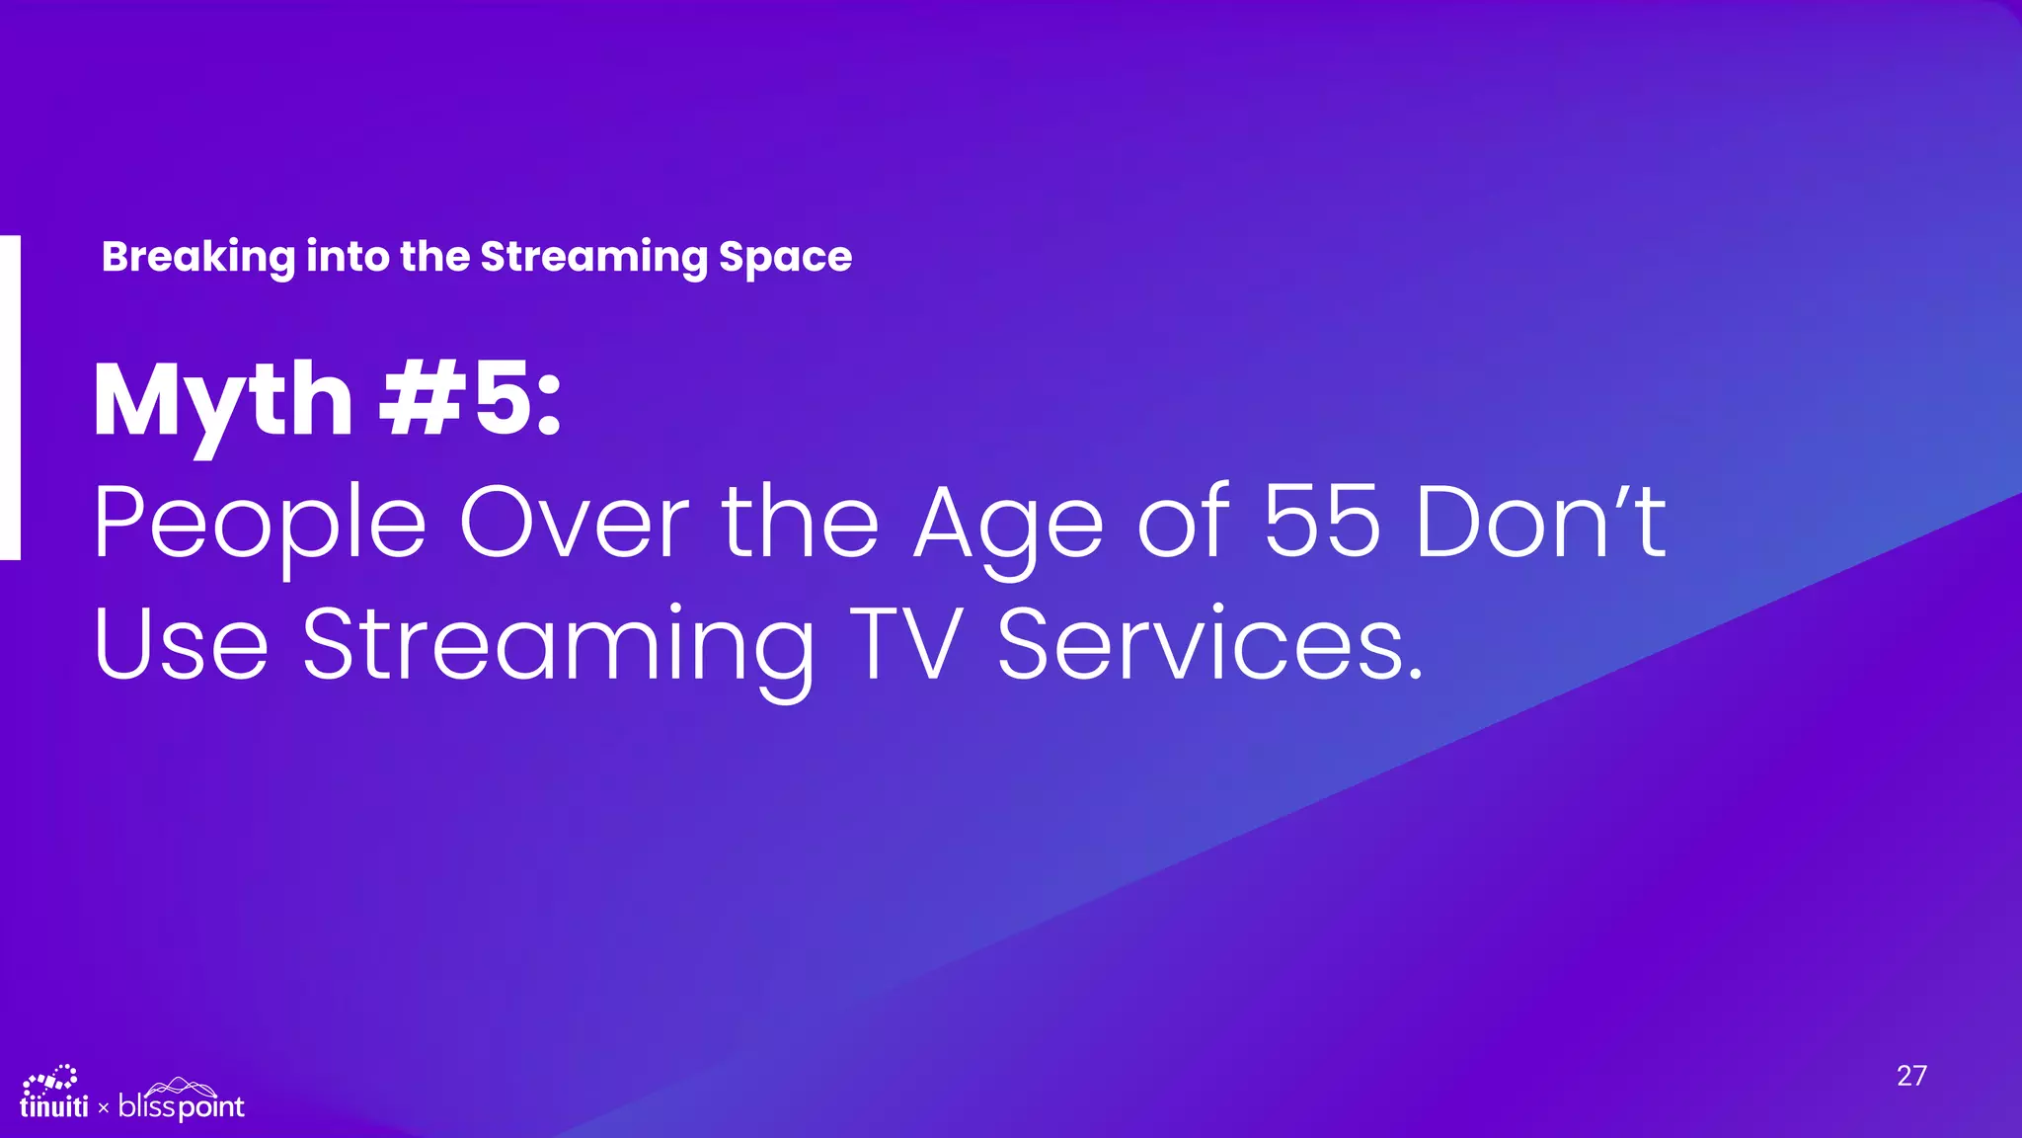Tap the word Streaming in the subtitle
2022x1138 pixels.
coord(593,257)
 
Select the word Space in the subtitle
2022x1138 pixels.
coord(785,257)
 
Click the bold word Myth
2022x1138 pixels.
coord(223,401)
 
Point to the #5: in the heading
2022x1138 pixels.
coord(471,399)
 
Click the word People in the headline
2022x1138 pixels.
coord(260,524)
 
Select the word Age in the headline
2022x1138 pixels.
coord(1008,524)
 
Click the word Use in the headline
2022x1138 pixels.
coord(182,644)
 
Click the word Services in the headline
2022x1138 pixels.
coord(1209,644)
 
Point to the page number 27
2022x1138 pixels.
coord(1911,1076)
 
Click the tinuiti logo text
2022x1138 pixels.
coord(54,1107)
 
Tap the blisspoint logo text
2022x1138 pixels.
coord(181,1106)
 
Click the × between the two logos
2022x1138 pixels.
coord(104,1108)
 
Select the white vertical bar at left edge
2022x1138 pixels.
coord(10,397)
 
